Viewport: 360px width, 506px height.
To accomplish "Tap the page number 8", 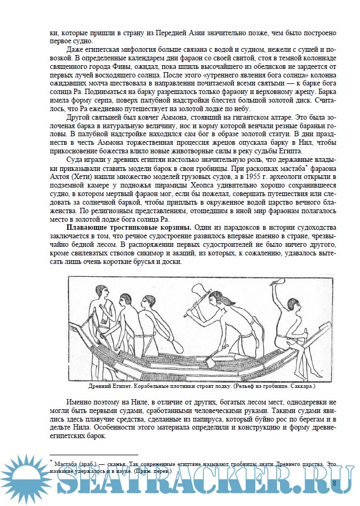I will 334,483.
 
